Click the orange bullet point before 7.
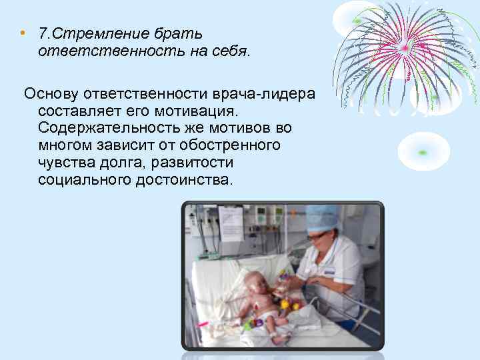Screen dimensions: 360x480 point(22,33)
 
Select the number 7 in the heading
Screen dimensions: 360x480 point(42,33)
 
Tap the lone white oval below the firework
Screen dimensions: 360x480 point(423,151)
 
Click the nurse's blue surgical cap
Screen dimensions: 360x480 point(321,217)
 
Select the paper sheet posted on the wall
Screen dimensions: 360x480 point(231,223)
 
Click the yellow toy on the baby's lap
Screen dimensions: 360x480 point(285,305)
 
